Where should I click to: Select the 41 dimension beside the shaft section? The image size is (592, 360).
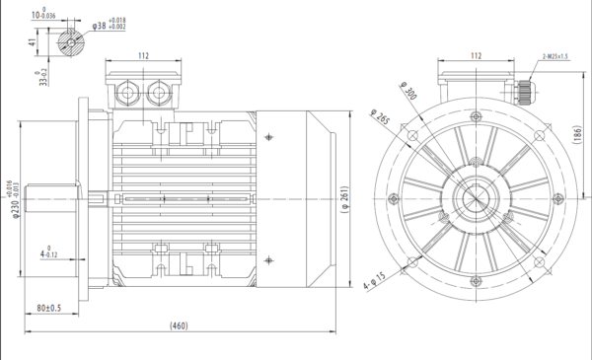(32, 42)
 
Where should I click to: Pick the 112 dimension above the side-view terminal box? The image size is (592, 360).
(143, 56)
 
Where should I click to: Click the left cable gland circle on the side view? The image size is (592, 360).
(129, 94)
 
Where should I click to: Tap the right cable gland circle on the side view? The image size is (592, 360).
(157, 94)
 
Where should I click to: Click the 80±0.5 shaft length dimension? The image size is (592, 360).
(48, 309)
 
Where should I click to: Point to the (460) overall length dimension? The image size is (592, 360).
(179, 325)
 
